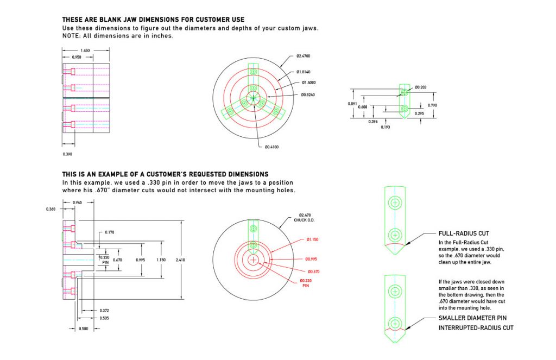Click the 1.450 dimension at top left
click(85, 50)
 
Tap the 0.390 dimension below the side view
click(67, 154)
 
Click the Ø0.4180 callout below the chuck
click(273, 147)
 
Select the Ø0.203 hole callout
click(421, 87)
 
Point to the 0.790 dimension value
click(433, 105)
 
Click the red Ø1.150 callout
click(312, 239)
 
